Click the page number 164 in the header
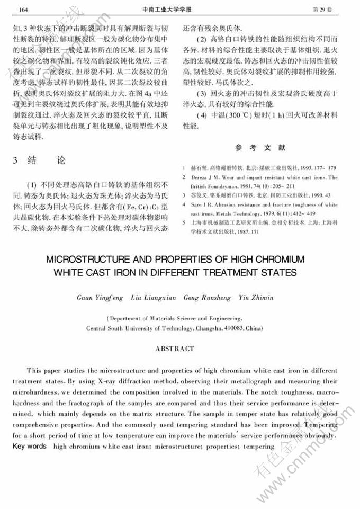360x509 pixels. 23,10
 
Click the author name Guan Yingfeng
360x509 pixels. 100,298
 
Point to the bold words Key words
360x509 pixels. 29,447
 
